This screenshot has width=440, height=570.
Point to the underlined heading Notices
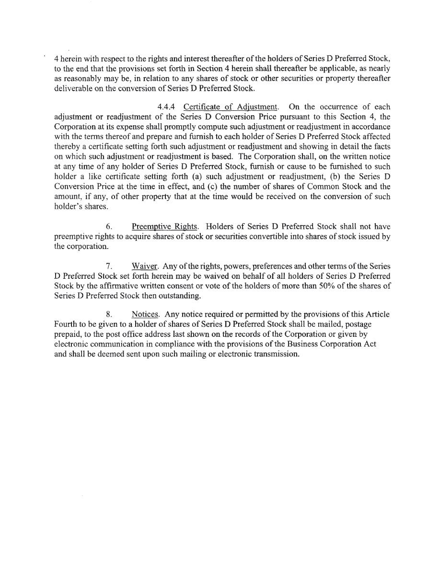(x=146, y=314)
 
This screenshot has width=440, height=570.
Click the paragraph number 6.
(x=108, y=226)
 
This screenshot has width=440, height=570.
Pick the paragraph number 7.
(x=108, y=265)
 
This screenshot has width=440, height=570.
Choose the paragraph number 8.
(x=108, y=314)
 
